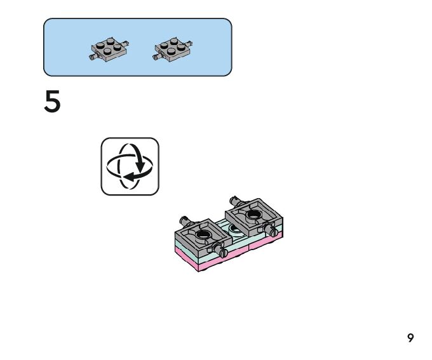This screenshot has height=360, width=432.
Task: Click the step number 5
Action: pos(53,102)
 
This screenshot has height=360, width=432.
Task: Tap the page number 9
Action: pos(410,338)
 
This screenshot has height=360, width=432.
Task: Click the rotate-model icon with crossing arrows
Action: pos(130,166)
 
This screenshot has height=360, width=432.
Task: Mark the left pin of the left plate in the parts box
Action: pos(93,58)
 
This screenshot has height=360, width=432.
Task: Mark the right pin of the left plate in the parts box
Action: pos(129,43)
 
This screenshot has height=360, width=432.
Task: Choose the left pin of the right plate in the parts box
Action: pos(156,58)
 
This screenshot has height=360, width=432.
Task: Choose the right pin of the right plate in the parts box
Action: pos(191,43)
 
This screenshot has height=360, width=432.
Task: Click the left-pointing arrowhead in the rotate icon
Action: pos(126,175)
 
